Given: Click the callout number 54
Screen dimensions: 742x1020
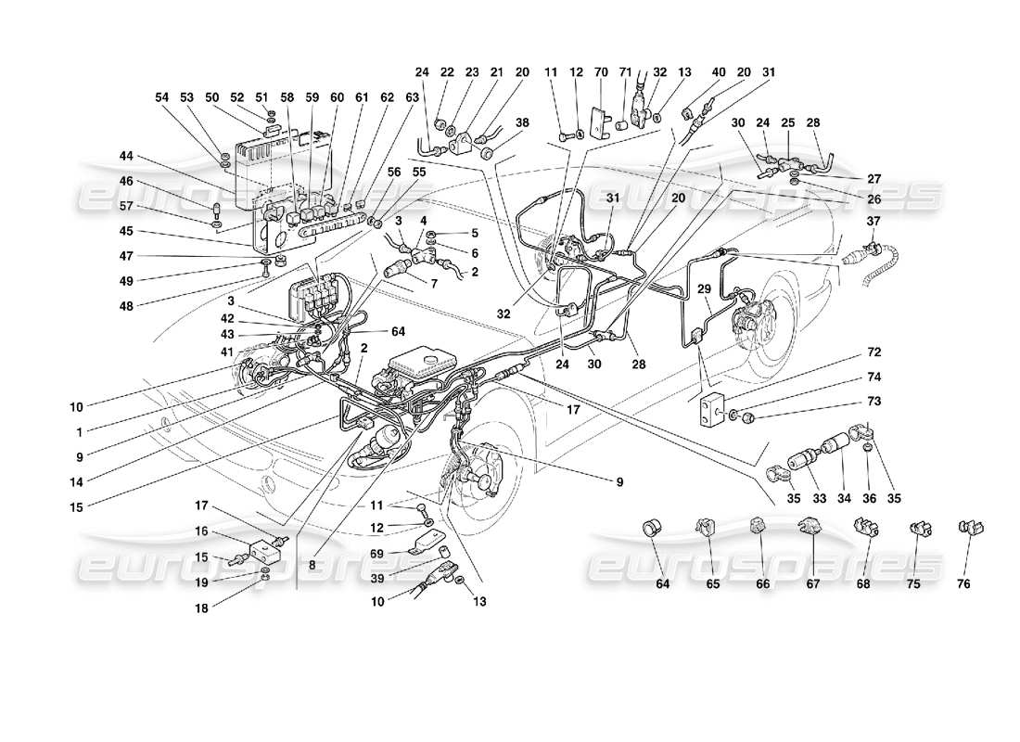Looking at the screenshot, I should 161,96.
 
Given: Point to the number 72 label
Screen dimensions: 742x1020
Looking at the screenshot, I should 874,352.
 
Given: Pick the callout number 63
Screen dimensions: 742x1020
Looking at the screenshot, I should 411,96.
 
